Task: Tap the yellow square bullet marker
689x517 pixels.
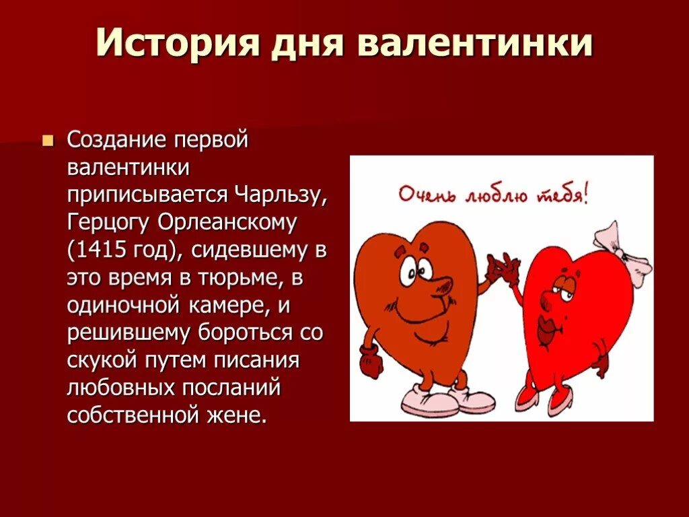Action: click(47, 141)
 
